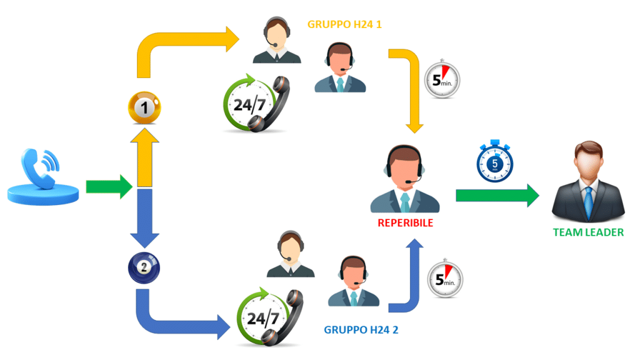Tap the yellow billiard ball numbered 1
pos(144,107)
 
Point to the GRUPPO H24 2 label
pos(361,329)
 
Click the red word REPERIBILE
pos(406,222)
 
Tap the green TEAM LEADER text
pos(588,232)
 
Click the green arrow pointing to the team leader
pos(497,195)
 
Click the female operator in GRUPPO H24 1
pos(276,40)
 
